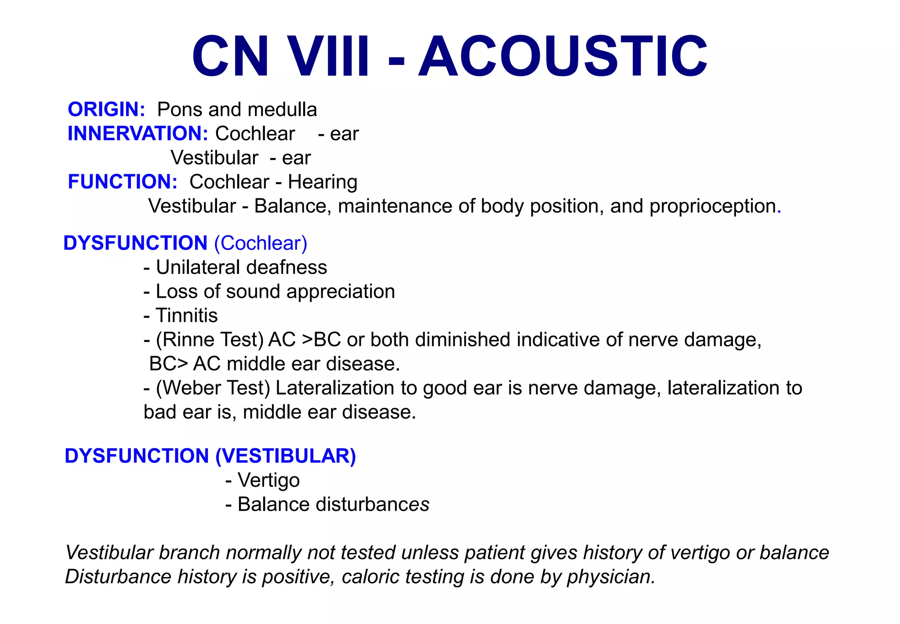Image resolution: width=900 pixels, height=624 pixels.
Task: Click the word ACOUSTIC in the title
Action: tap(563, 57)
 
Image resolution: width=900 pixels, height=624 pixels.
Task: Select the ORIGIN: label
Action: tap(106, 109)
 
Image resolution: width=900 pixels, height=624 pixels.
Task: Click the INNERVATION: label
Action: tap(138, 133)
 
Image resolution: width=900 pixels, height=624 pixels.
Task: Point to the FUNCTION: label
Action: tap(123, 182)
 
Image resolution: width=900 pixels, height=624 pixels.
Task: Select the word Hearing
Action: tap(323, 182)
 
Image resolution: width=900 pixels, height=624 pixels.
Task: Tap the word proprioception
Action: tap(712, 206)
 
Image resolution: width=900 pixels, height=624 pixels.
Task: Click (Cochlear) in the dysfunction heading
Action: tap(261, 243)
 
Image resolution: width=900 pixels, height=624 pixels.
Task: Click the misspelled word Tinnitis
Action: tap(187, 316)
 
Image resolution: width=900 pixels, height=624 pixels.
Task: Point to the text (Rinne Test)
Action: tap(210, 340)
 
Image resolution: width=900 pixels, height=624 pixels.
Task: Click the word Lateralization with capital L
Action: tap(334, 388)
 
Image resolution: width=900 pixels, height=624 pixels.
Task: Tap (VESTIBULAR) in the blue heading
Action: tap(286, 456)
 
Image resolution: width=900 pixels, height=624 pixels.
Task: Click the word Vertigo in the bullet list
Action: tap(269, 480)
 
